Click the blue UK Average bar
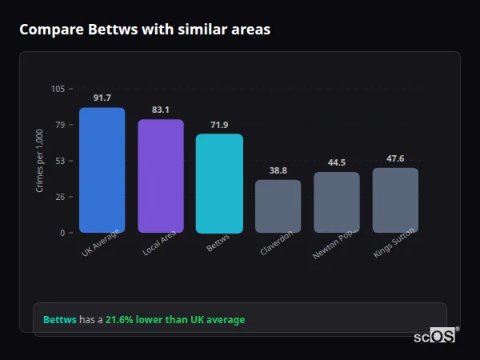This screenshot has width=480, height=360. coord(102,170)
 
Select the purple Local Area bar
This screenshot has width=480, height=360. coord(161,176)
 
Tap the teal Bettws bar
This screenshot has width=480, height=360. coord(219,183)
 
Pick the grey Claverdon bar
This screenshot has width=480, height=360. coord(278,206)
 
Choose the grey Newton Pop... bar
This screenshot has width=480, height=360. coord(337,202)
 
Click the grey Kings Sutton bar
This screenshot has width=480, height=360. coord(395,200)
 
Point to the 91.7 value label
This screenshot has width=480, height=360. coord(102,98)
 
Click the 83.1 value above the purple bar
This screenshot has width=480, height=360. coord(161,110)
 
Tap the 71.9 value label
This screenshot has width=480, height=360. coord(219,125)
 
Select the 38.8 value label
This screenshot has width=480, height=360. coord(278,170)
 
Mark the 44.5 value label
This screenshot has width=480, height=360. coord(337,162)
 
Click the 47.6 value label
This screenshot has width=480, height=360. coord(395,158)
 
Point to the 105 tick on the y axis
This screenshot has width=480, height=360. coord(58,89)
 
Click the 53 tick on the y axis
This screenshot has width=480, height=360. coord(60,161)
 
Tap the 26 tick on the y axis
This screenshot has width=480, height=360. coord(60,197)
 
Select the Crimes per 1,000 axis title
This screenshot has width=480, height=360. coord(39,160)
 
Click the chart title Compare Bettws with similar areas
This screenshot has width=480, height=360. coord(145,30)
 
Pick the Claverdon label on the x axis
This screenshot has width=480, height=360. coord(277,243)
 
